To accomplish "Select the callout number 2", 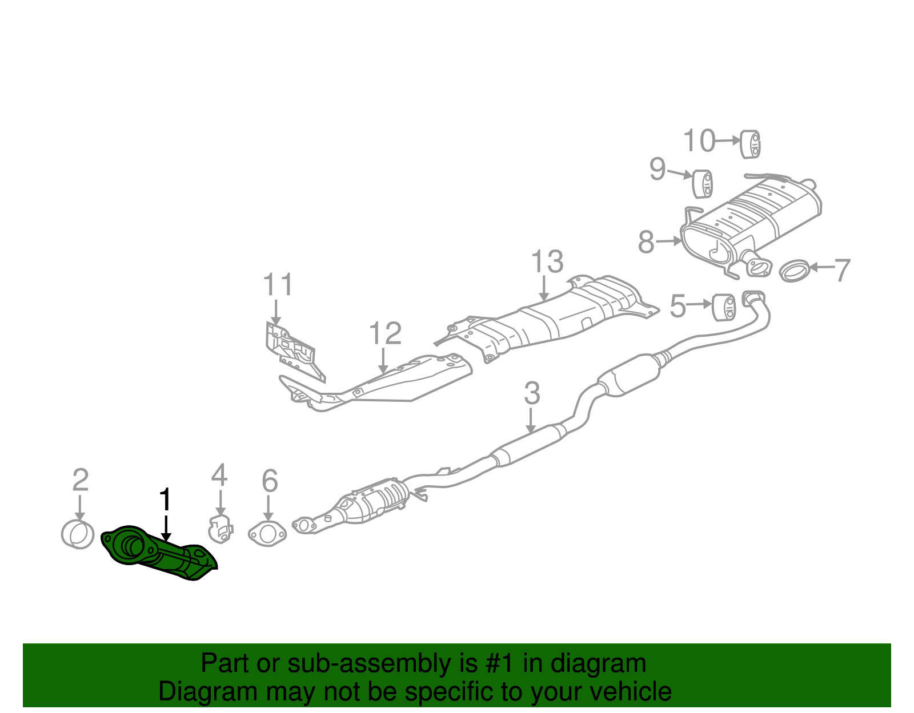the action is point(81,480).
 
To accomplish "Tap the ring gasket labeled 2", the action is point(78,534).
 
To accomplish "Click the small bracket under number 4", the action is point(221,528).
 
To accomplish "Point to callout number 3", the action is point(532,394).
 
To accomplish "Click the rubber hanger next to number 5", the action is point(724,308).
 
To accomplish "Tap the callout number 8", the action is point(646,242).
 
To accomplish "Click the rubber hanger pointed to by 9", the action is point(703,183).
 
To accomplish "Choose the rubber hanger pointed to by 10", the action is point(751,144).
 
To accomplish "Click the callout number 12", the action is point(385,333).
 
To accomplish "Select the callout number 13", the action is point(547,262).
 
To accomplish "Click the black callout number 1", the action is point(165,499).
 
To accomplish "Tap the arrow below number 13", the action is point(544,288).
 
